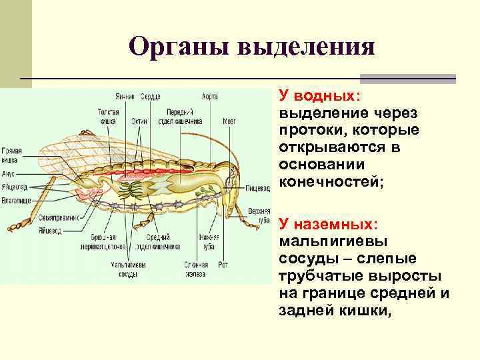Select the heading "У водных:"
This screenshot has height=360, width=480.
320,97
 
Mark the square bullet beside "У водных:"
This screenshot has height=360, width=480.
271,98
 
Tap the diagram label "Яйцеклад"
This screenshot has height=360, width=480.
14,186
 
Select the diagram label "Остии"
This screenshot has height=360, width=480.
139,121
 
